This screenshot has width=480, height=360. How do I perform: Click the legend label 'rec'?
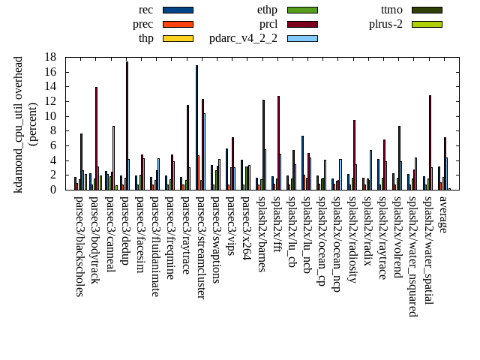(146, 10)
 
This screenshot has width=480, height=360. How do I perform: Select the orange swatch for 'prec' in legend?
(178, 24)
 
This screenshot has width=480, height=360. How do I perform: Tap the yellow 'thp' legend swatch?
(178, 38)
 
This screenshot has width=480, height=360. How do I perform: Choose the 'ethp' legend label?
(267, 10)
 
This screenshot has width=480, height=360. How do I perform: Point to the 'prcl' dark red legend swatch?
(302, 24)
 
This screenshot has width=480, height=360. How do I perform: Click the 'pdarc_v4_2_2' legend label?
(243, 38)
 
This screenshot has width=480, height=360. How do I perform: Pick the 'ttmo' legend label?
(391, 10)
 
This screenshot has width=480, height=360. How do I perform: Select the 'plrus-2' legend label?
(385, 24)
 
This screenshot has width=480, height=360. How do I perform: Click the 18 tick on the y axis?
(51, 57)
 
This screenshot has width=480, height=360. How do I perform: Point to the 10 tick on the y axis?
(51, 116)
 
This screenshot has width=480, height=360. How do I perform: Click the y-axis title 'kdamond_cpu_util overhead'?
(19, 124)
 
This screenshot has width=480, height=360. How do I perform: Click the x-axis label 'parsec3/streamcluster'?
(201, 247)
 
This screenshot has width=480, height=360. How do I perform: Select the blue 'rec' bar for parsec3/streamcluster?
(196, 127)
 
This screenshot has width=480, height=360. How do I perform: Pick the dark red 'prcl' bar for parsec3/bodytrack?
(96, 139)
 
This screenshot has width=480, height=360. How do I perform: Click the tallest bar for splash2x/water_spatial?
(430, 142)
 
